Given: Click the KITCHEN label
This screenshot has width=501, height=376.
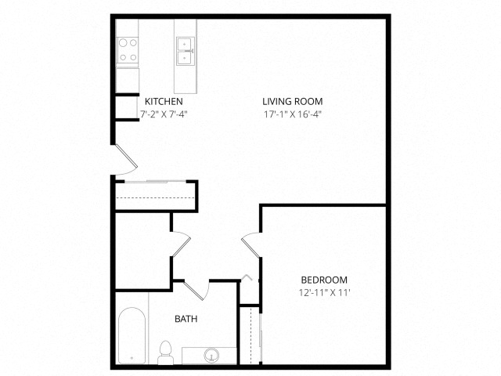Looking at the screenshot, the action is click(164, 101).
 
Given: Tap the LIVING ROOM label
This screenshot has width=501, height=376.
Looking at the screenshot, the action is click(292, 101).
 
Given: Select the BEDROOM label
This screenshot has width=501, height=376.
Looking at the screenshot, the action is click(324, 280).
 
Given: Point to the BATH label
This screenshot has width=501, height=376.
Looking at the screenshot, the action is click(186, 319).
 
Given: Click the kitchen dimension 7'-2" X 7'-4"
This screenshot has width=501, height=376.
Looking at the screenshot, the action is click(164, 114).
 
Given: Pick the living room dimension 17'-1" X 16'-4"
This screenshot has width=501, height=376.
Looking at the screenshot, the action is click(292, 114).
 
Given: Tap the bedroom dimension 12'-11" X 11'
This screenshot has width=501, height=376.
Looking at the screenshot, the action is click(325, 292).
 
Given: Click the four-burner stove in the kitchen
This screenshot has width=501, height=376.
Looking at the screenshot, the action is click(128, 50).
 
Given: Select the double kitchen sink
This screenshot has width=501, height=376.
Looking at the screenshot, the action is click(186, 51).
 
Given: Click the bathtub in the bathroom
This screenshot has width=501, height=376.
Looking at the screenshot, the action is click(132, 335).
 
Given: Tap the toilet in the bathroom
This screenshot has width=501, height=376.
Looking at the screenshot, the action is click(165, 352).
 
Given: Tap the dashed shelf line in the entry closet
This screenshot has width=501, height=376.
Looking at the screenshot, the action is click(155, 198).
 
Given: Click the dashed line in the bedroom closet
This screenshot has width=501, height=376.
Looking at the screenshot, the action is click(251, 335).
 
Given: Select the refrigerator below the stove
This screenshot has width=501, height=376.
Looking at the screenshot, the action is click(128, 80).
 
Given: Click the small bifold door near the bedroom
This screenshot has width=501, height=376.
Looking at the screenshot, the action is click(247, 277).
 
